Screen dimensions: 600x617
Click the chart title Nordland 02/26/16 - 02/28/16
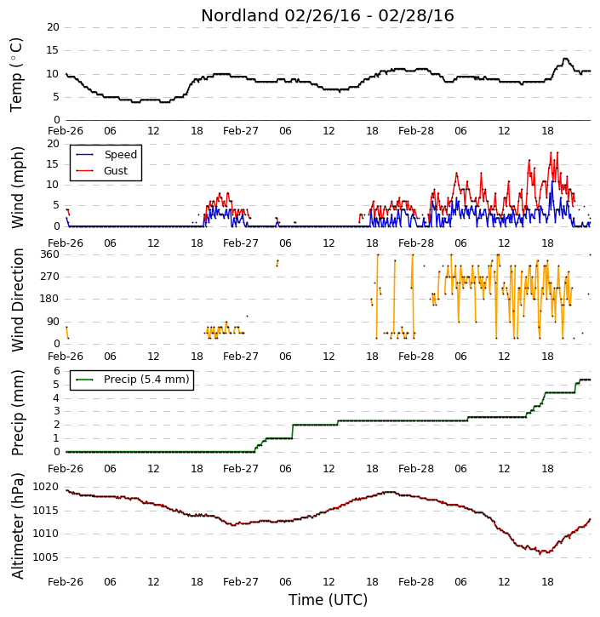[x=328, y=15]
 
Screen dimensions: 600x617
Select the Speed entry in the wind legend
[x=106, y=155]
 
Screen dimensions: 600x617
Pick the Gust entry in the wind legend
[x=102, y=171]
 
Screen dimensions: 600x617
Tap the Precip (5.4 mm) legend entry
[x=133, y=380]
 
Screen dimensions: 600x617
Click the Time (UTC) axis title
[x=328, y=600]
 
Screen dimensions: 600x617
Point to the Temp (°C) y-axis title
[x=16, y=75]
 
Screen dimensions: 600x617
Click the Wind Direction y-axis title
[x=17, y=300]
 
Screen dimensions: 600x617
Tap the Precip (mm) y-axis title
[x=17, y=413]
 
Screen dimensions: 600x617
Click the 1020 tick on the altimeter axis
[x=45, y=487]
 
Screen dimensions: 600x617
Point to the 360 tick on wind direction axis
[x=50, y=254]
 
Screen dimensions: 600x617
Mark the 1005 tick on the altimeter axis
[x=45, y=557]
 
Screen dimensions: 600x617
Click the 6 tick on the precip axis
[x=57, y=371]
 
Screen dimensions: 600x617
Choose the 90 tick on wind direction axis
[x=53, y=322]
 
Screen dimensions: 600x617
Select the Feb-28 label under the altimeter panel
[x=415, y=581]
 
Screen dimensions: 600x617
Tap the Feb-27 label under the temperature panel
[x=240, y=131]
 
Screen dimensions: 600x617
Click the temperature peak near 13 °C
[x=565, y=59]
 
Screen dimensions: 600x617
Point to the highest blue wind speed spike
[x=553, y=182]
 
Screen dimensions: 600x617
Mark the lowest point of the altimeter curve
[x=540, y=553]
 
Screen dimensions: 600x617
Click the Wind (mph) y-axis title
[x=17, y=187]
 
